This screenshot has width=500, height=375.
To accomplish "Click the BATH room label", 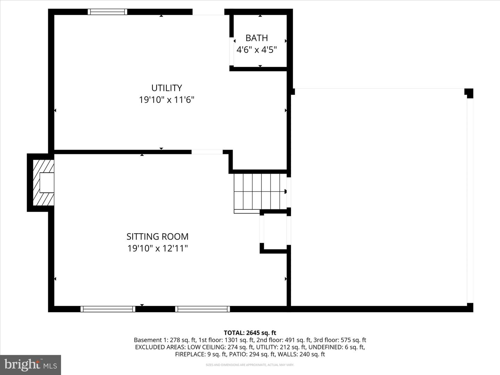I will click(x=257, y=38).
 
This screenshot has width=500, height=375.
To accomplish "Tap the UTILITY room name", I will click(x=167, y=88).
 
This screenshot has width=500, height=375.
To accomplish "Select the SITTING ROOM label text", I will click(x=157, y=236).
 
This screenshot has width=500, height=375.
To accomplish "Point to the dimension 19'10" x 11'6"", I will click(x=167, y=100).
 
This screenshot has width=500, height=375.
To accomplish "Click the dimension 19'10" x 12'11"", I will click(x=157, y=249).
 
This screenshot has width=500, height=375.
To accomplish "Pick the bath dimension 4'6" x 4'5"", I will click(x=257, y=50).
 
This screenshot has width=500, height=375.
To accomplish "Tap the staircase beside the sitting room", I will click(x=259, y=192).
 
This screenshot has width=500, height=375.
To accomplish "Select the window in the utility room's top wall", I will click(x=107, y=12).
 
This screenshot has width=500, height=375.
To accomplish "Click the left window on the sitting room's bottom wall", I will click(x=108, y=309).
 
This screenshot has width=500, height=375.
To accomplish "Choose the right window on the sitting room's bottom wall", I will click(x=202, y=309).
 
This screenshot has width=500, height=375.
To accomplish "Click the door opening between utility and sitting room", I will click(x=207, y=152).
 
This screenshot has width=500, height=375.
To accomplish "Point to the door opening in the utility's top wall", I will click(x=208, y=12).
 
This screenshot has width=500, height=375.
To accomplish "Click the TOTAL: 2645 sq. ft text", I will click(x=250, y=333).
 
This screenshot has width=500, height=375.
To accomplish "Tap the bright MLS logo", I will click(x=31, y=365).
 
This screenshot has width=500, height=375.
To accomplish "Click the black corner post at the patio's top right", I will click(x=469, y=93).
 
